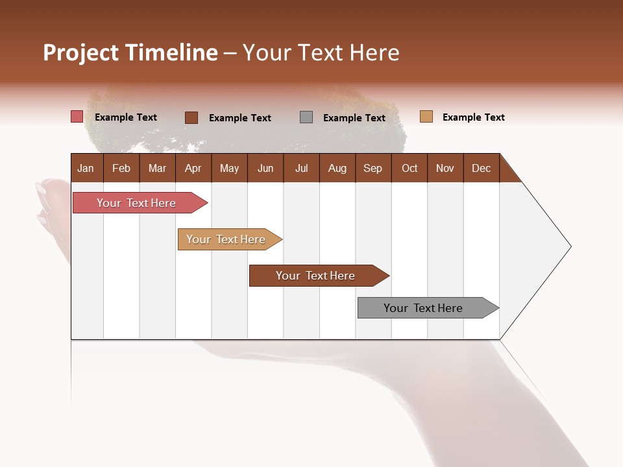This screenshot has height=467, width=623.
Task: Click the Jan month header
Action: pyautogui.click(x=86, y=168)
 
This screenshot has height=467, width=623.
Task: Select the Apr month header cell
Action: pyautogui.click(x=193, y=168)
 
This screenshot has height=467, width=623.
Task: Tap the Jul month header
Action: pyautogui.click(x=301, y=168)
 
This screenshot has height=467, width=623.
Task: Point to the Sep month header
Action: pyautogui.click(x=373, y=168)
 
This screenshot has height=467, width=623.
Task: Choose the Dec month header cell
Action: pyautogui.click(x=481, y=168)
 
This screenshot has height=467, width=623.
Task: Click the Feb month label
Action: pyautogui.click(x=121, y=168)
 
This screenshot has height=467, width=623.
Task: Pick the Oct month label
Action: pyautogui.click(x=409, y=168)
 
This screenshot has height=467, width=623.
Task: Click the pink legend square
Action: pyautogui.click(x=77, y=117)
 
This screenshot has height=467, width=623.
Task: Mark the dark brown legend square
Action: pyautogui.click(x=191, y=117)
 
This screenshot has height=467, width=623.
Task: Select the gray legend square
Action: pyautogui.click(x=306, y=117)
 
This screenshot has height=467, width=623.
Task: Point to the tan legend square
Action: pyautogui.click(x=426, y=117)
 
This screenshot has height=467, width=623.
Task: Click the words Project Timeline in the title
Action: pyautogui.click(x=130, y=53)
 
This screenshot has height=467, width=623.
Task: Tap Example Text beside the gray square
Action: pyautogui.click(x=354, y=118)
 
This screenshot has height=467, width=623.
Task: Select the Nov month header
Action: pyautogui.click(x=445, y=168)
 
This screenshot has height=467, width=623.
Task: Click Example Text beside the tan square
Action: pyautogui.click(x=473, y=117)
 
